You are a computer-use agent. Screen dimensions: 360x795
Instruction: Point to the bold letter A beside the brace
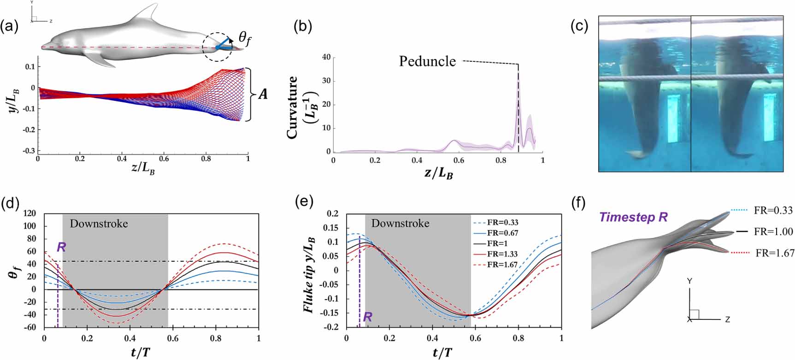263,94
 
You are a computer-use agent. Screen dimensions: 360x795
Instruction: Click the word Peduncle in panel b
427,61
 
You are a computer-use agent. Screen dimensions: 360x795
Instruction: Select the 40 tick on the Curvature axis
327,57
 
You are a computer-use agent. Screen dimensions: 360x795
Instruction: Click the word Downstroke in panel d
99,224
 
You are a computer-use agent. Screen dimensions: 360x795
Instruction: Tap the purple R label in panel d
61,247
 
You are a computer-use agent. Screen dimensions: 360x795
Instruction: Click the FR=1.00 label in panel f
773,232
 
